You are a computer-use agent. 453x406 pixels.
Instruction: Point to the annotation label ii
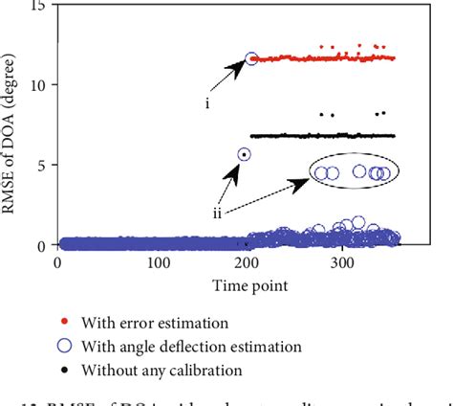pyautogui.click(x=219, y=214)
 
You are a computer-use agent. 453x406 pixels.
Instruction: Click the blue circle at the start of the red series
pyautogui.click(x=252, y=58)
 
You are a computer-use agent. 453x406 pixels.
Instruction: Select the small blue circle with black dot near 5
pyautogui.click(x=244, y=153)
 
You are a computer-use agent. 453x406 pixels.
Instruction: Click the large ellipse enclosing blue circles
pyautogui.click(x=354, y=172)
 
